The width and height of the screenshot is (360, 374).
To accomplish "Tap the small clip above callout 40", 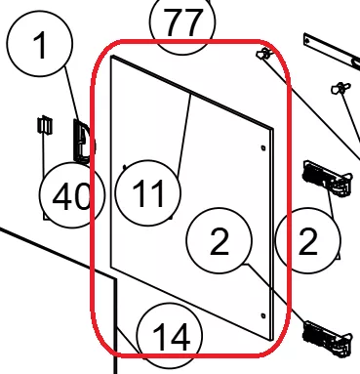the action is coord(45,125).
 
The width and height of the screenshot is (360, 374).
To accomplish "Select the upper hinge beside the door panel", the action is coord(327,179).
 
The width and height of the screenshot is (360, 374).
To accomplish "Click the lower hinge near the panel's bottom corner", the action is coord(327,338).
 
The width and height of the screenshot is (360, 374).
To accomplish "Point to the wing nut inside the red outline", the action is coord(263,54).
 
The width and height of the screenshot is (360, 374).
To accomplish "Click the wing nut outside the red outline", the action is coord(340,88).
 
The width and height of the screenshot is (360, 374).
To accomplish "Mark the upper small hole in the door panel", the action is coord(263,148).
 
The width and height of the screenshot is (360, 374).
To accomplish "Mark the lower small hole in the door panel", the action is coord(263,315).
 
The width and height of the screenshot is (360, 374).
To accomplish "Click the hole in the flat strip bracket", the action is coord(307,41).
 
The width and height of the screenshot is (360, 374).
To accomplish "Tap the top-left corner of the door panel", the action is coord(111,56).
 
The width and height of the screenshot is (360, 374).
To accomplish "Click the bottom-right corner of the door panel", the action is coord(271,340).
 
